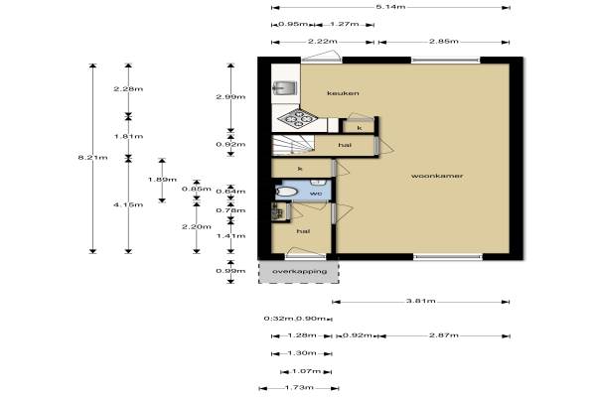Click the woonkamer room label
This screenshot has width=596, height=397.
click(437, 176)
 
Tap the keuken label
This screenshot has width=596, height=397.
click(343, 93)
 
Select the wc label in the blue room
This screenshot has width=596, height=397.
click(316, 194)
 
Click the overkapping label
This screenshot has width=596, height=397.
click(300, 272)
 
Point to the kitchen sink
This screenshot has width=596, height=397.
click(284, 88)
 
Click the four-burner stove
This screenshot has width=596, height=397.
click(298, 119)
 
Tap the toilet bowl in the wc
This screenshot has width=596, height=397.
click(285, 192)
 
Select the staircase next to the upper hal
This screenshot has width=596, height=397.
click(293, 146)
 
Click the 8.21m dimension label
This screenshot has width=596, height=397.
click(92, 157)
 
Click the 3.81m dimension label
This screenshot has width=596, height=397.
click(421, 302)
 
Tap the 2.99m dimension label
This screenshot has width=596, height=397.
click(230, 96)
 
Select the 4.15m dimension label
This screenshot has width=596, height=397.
click(128, 204)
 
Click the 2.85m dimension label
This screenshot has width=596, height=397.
click(444, 42)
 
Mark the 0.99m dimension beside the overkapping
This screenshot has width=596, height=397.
click(230, 271)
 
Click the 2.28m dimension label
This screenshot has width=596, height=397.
click(128, 89)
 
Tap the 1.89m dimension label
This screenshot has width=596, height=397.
click(162, 180)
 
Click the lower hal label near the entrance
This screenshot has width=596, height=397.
click(303, 231)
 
